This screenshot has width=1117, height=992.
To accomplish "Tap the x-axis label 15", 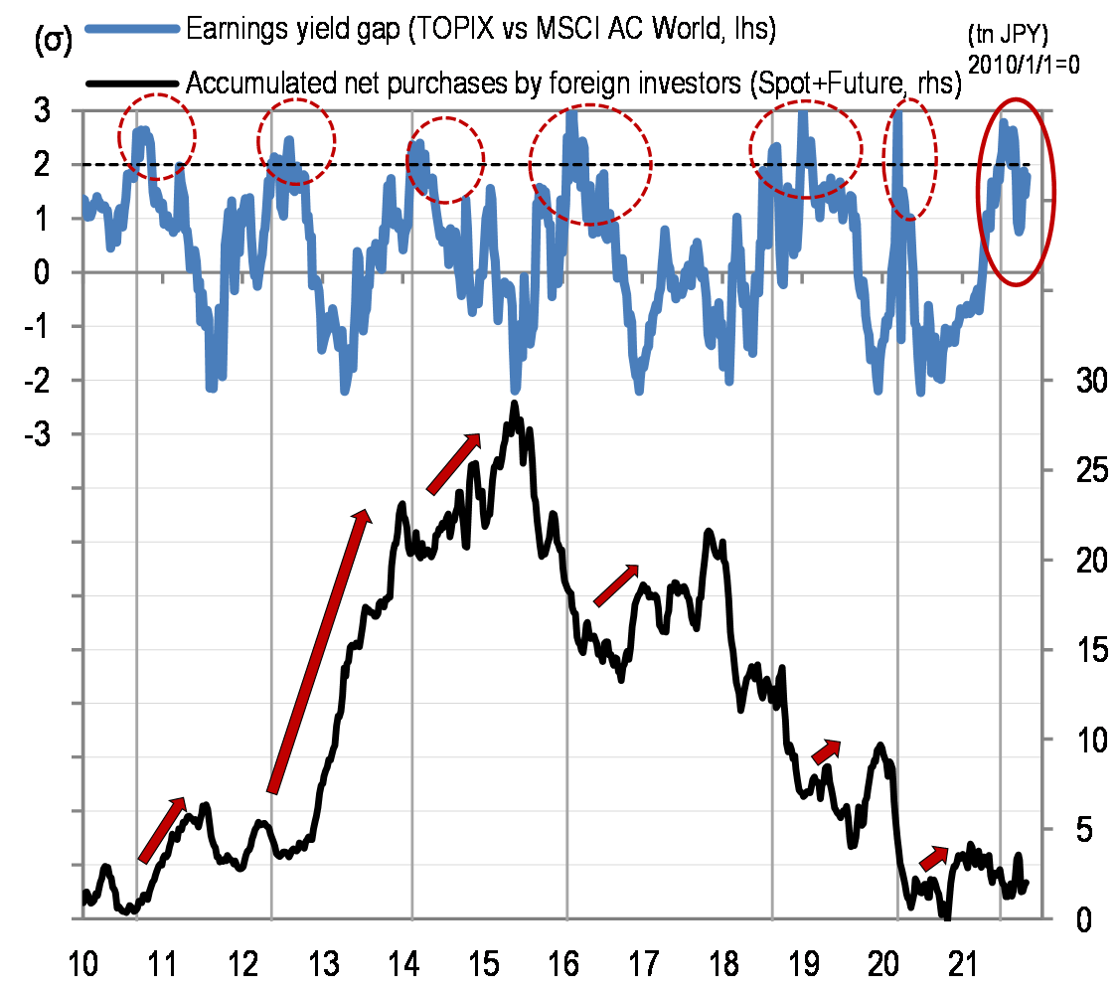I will pyautogui.click(x=483, y=963).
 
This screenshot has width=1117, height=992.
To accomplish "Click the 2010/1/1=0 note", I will pyautogui.click(x=1010, y=61).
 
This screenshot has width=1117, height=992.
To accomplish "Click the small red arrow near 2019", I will pyautogui.click(x=827, y=751).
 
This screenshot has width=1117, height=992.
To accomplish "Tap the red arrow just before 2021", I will pyautogui.click(x=934, y=857).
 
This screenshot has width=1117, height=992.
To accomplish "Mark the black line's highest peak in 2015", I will pyautogui.click(x=514, y=405).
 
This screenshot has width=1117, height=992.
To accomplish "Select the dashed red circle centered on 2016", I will pyautogui.click(x=590, y=165).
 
